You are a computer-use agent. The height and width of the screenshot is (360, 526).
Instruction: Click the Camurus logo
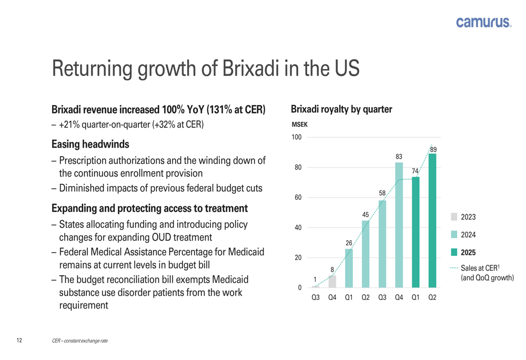tap(483, 22)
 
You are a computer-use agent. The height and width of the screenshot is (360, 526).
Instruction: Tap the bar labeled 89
tap(432, 221)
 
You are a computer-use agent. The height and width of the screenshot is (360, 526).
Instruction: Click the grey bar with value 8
tap(332, 282)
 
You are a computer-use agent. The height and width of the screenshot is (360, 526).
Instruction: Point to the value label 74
tap(415, 171)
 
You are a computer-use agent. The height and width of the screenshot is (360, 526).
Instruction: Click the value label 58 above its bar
tap(382, 193)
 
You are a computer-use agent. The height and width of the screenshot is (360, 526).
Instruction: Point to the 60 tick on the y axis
tap(297, 198)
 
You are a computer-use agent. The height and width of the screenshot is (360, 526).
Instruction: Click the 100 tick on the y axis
tap(296, 138)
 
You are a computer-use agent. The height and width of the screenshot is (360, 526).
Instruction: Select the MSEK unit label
tap(299, 125)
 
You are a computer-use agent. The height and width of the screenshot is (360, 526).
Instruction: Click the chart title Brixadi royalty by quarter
tap(341, 109)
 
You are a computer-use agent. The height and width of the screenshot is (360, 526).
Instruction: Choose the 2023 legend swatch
tap(454, 217)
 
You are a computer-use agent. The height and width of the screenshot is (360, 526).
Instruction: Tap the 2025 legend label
tap(469, 253)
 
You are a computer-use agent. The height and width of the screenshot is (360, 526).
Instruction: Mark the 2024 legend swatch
tap(454, 234)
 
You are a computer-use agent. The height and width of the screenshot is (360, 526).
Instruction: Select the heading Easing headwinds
tap(90, 143)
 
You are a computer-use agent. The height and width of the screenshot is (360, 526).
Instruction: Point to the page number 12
tap(19, 341)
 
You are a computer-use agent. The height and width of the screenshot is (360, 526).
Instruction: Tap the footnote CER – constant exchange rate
tap(80, 341)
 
